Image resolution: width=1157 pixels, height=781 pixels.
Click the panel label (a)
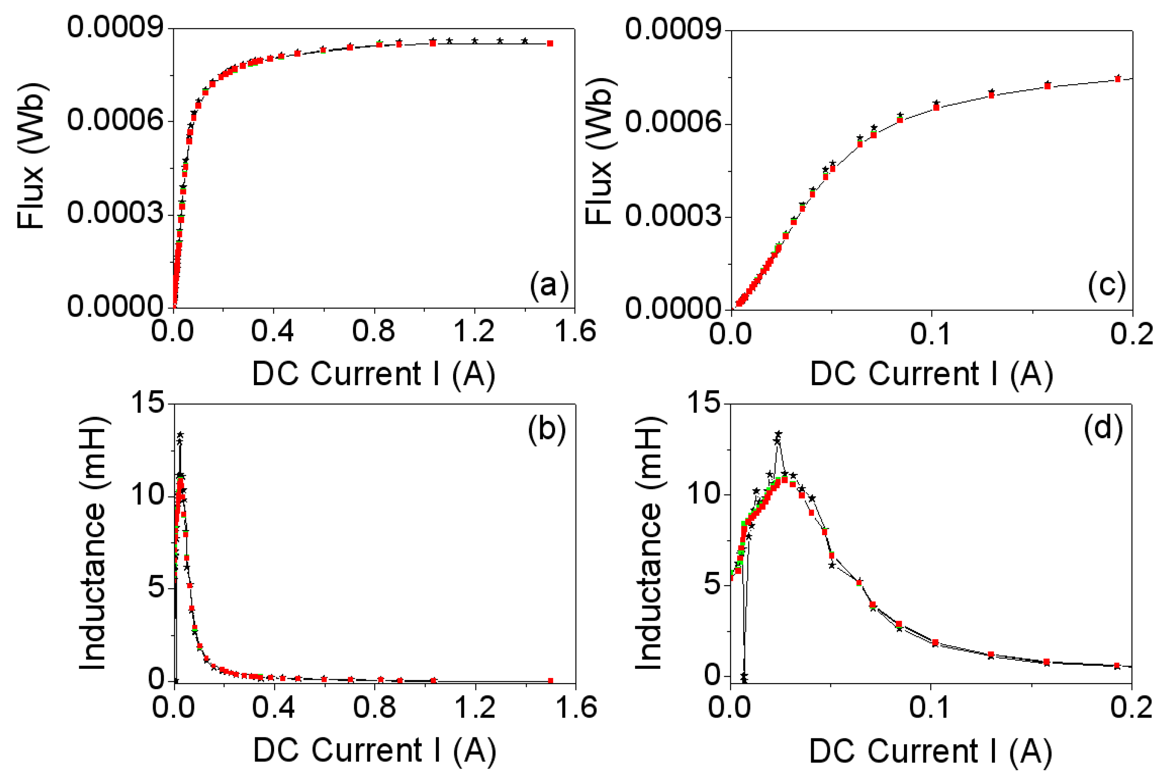point(549,286)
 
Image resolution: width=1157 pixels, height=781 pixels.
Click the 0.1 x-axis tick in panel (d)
point(929,707)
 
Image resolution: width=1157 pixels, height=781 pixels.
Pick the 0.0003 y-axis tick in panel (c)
point(674,216)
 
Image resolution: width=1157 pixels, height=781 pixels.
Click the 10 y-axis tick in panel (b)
point(148,495)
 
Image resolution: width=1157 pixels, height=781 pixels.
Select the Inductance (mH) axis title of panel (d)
point(649,543)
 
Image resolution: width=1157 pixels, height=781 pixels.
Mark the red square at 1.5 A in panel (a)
point(550,43)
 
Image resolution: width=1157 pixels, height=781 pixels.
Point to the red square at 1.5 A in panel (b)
point(550,681)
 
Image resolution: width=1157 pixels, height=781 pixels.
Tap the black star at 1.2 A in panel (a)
point(475,41)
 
